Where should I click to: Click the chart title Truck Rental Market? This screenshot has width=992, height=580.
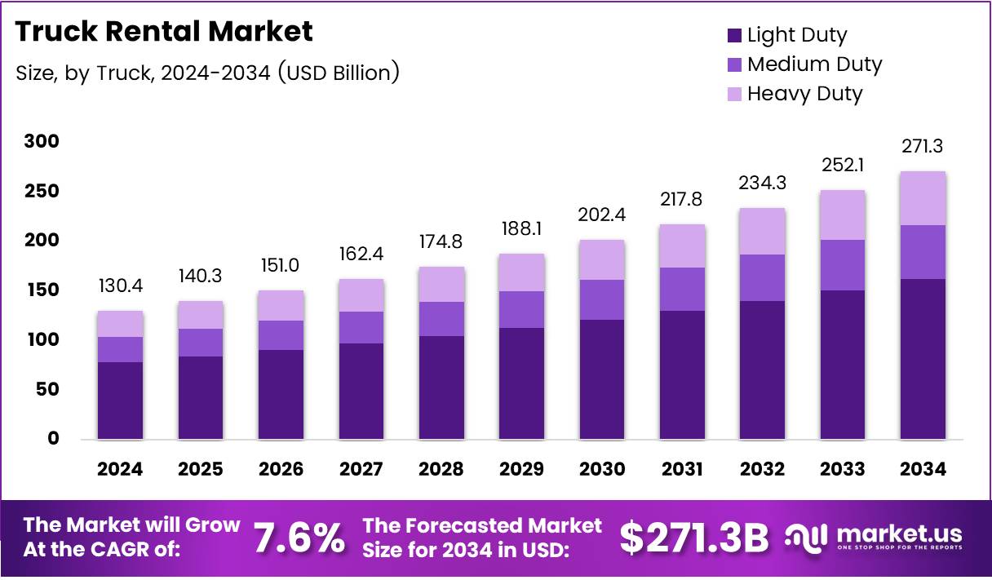tap(164, 32)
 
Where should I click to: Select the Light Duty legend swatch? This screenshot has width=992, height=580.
tap(733, 35)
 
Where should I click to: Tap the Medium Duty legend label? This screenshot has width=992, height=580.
tap(814, 64)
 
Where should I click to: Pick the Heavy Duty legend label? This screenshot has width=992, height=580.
tap(804, 94)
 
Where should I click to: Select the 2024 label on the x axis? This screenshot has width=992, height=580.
tap(120, 469)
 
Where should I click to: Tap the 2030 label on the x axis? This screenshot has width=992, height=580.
tap(601, 469)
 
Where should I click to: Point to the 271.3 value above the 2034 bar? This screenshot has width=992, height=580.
tap(923, 147)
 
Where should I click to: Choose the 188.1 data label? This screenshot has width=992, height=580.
tap(521, 230)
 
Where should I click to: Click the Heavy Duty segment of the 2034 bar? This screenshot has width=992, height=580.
tap(923, 198)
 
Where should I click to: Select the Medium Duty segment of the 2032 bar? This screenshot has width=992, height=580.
tap(762, 278)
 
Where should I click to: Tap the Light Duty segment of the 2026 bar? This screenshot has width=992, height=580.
tap(281, 395)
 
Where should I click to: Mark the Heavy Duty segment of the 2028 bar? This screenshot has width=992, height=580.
tap(441, 284)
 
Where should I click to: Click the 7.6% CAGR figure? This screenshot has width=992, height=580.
tap(298, 538)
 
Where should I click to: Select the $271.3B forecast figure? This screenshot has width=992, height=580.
tap(694, 538)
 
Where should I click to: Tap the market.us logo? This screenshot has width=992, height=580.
tap(873, 537)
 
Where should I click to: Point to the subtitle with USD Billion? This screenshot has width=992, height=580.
tap(207, 73)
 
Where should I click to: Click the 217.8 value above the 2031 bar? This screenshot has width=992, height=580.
tap(682, 200)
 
